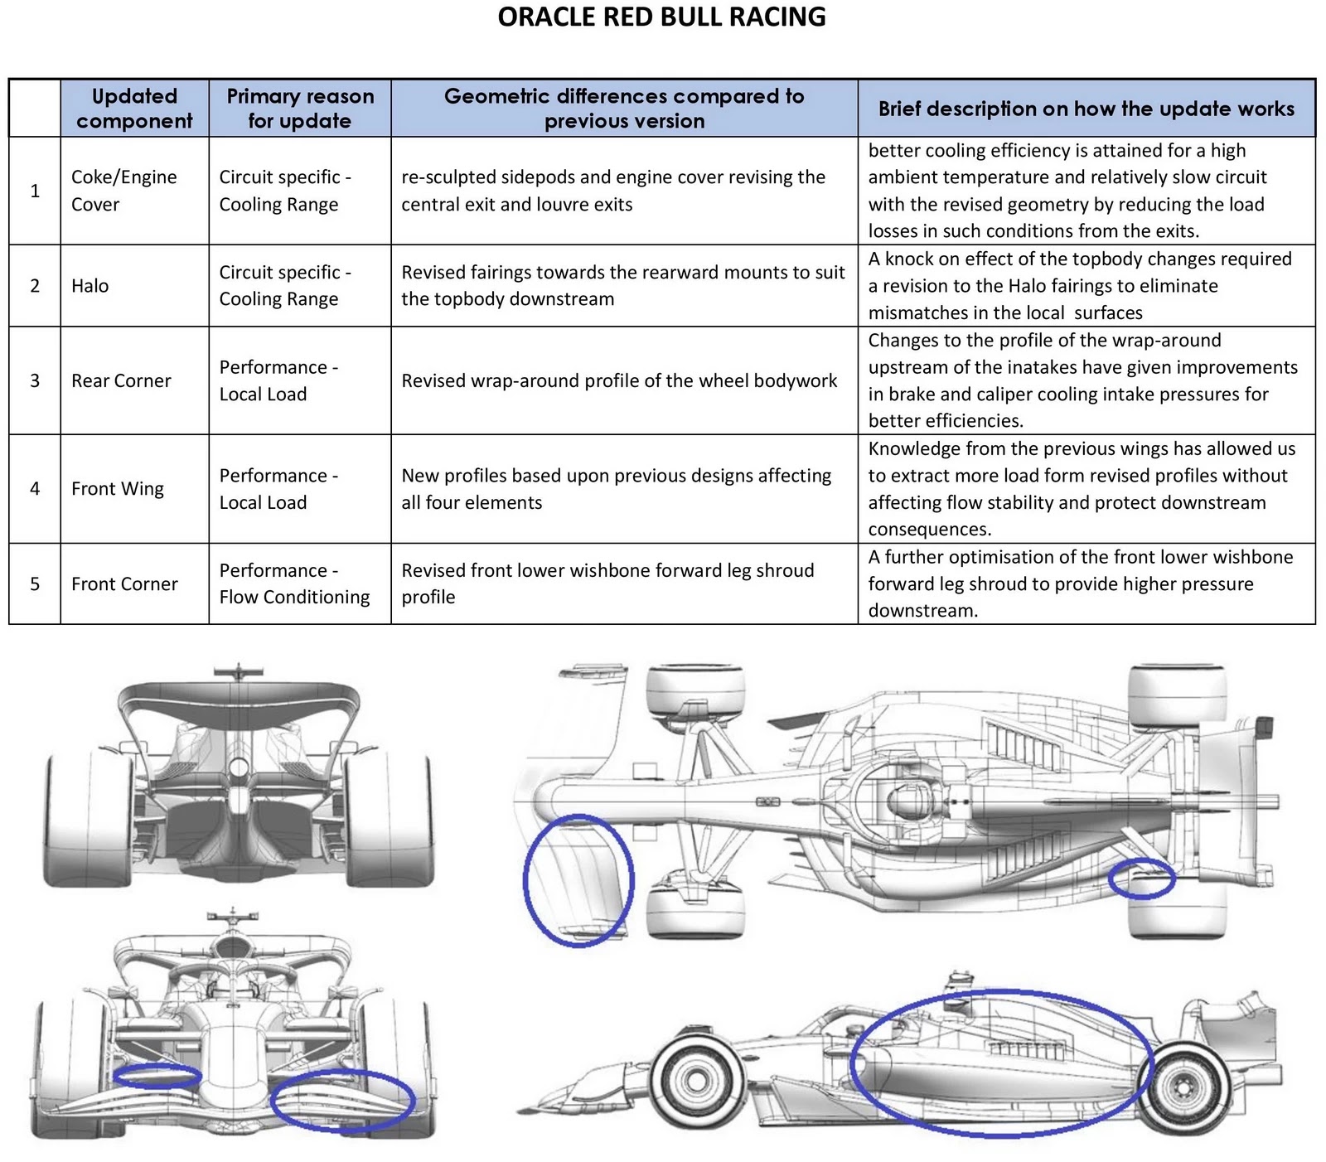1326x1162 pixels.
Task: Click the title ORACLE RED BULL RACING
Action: (x=661, y=17)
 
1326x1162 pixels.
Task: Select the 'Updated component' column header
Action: (x=134, y=109)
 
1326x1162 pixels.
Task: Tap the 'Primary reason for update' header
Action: (x=300, y=109)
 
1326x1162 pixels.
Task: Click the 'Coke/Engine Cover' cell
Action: (x=124, y=191)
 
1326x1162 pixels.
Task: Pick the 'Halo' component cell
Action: (x=90, y=286)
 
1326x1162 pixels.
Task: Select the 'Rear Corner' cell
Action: (x=121, y=381)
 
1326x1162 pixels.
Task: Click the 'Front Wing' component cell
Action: (x=118, y=489)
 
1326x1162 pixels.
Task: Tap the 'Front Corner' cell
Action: (x=124, y=584)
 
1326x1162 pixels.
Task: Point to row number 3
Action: (x=35, y=381)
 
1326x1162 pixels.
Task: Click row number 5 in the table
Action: (x=35, y=584)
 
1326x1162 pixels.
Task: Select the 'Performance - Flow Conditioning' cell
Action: (x=294, y=584)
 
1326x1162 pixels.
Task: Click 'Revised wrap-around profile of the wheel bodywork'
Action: (x=619, y=381)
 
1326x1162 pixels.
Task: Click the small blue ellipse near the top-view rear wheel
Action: (x=1142, y=879)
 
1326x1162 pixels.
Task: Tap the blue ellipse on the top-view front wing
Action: (x=578, y=880)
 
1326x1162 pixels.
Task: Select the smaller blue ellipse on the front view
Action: (x=157, y=1077)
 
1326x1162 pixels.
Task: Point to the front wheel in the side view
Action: (x=696, y=1078)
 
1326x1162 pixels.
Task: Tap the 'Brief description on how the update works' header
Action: (x=1086, y=109)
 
